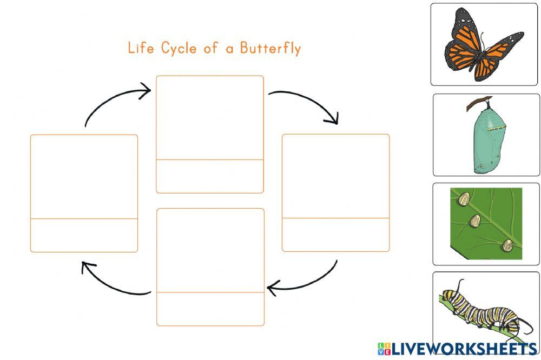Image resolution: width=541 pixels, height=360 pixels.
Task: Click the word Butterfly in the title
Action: (270, 49)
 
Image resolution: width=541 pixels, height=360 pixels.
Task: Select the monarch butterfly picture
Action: (484, 45)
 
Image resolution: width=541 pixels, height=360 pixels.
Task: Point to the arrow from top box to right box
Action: (306, 102)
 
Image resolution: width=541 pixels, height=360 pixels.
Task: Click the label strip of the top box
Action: (210, 176)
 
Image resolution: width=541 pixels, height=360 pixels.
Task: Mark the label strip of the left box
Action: (84, 235)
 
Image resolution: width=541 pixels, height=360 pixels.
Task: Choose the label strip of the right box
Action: (335, 235)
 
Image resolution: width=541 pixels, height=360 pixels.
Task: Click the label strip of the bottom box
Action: (210, 309)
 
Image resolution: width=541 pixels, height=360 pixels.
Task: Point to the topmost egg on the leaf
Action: (463, 200)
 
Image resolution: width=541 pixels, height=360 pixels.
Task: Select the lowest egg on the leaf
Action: (507, 246)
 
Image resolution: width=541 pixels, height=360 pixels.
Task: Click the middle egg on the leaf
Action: (476, 220)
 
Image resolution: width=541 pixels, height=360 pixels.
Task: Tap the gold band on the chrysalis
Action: (497, 129)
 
